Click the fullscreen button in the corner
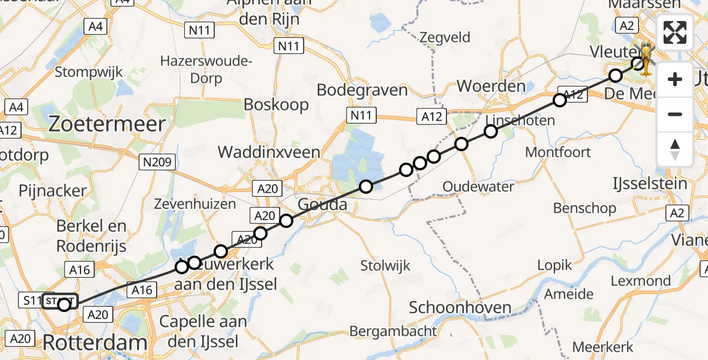[x=675, y=32]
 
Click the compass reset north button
[x=675, y=149]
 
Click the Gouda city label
[x=322, y=204]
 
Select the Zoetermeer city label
[x=107, y=124]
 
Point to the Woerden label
[x=491, y=86]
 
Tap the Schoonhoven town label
[x=460, y=308]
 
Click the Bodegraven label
[x=362, y=90]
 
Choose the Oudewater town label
[x=478, y=187]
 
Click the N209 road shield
[x=158, y=161]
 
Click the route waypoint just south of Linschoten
[x=491, y=131]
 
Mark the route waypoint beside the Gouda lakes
[x=365, y=187]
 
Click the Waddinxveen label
[x=269, y=152]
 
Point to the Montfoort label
[x=557, y=152]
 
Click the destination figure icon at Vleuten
[x=647, y=58]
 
